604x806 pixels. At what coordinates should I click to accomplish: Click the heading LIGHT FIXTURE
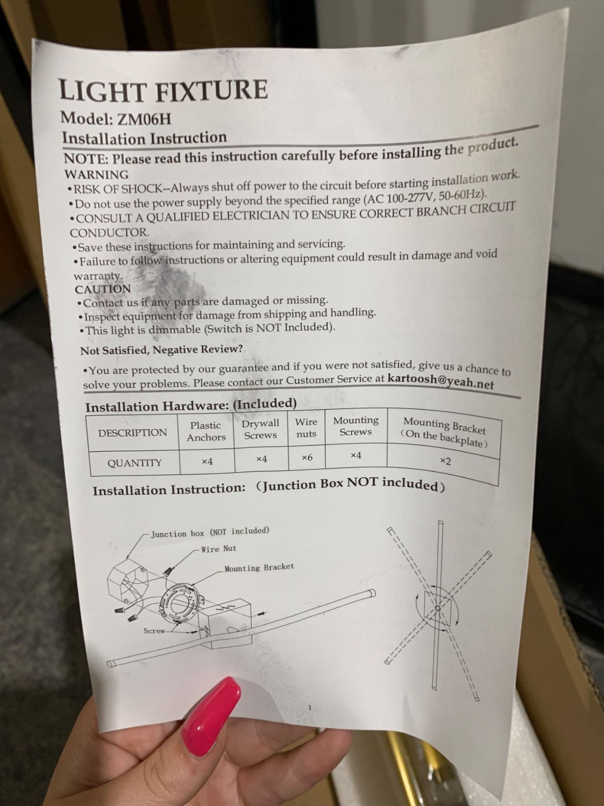tap(163, 90)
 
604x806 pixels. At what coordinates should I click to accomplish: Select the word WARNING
tap(97, 174)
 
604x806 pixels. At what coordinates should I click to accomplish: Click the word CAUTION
tap(103, 289)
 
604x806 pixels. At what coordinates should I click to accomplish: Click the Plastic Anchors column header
tap(206, 431)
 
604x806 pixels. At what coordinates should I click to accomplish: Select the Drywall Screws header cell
tap(260, 429)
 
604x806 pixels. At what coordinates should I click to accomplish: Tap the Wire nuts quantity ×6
tap(306, 457)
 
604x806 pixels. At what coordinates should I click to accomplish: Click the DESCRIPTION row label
tap(132, 433)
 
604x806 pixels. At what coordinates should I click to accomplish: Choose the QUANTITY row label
tap(134, 463)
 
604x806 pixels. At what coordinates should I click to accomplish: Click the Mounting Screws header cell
tap(356, 426)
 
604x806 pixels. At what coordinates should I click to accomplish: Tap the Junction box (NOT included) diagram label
tap(210, 532)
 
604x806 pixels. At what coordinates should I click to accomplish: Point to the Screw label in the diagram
tap(154, 631)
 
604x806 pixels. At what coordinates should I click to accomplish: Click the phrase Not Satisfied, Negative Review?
tap(162, 350)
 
